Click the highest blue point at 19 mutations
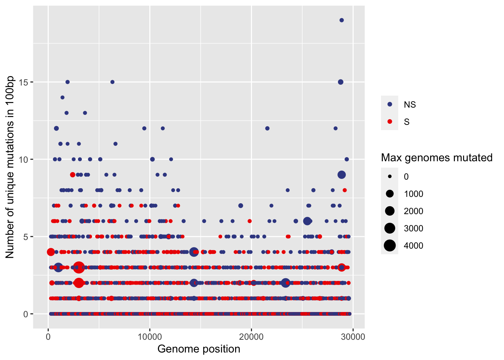click(342, 20)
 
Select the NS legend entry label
click(410, 105)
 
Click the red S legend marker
click(390, 122)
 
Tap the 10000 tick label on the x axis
click(150, 337)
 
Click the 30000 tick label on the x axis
click(353, 337)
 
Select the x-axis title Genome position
click(199, 349)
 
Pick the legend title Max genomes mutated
click(436, 158)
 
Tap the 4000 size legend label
click(413, 246)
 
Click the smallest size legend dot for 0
click(390, 177)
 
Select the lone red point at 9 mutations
click(73, 175)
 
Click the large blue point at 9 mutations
click(342, 175)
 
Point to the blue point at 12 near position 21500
click(267, 128)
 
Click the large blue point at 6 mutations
click(307, 221)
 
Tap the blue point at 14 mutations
click(63, 97)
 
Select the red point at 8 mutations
click(345, 190)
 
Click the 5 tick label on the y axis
click(26, 237)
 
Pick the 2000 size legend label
click(413, 211)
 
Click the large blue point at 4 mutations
click(194, 252)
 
